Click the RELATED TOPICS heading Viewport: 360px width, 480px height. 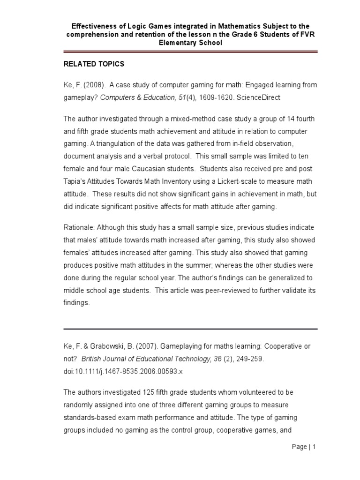point(94,64)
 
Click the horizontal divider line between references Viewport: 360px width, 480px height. point(190,329)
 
